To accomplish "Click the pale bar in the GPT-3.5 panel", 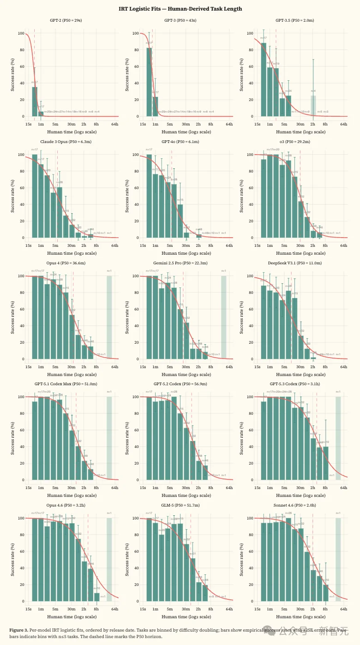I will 313,106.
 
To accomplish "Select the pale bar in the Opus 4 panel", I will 109,317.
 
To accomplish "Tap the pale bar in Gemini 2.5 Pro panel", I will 223,317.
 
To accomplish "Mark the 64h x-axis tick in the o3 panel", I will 343,246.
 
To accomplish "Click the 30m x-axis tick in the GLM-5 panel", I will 186,609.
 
